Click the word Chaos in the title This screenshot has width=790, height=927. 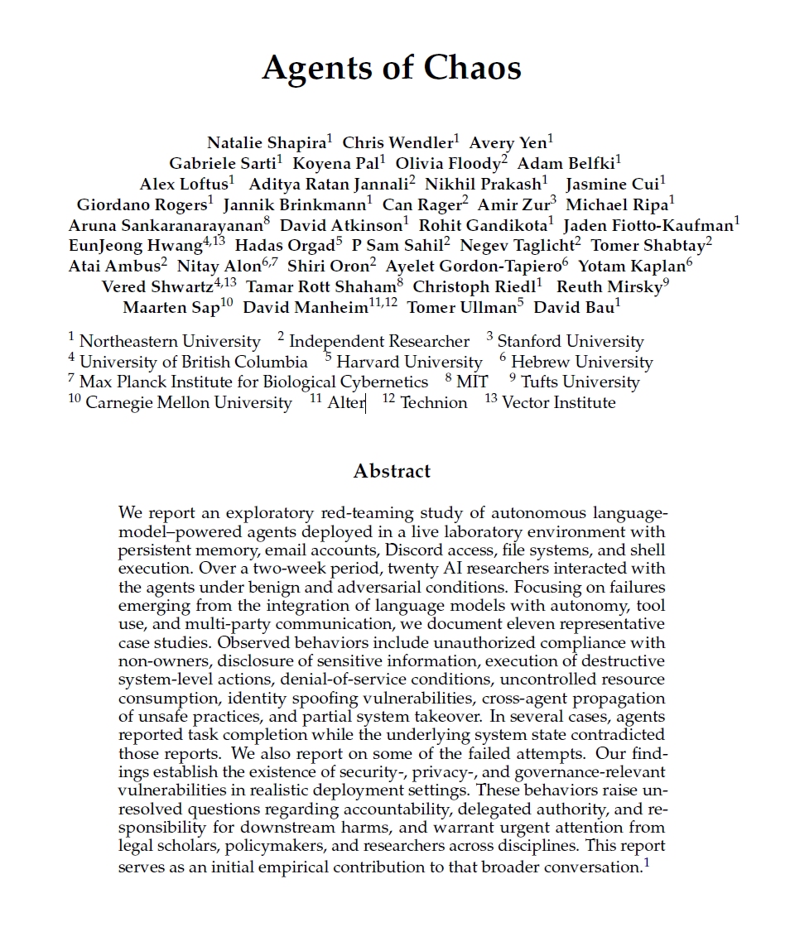(x=475, y=67)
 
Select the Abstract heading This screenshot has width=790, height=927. (x=392, y=471)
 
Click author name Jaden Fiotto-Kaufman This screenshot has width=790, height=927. (x=648, y=225)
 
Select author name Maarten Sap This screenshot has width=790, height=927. (x=171, y=308)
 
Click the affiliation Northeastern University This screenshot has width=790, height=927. (x=170, y=341)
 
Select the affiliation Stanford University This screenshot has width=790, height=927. (x=570, y=341)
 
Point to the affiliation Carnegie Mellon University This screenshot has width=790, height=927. (x=188, y=403)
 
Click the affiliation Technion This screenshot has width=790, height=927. (x=433, y=403)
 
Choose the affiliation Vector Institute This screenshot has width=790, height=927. (x=558, y=403)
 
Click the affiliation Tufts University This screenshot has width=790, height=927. (x=580, y=382)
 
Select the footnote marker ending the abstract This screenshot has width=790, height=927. (x=647, y=863)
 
